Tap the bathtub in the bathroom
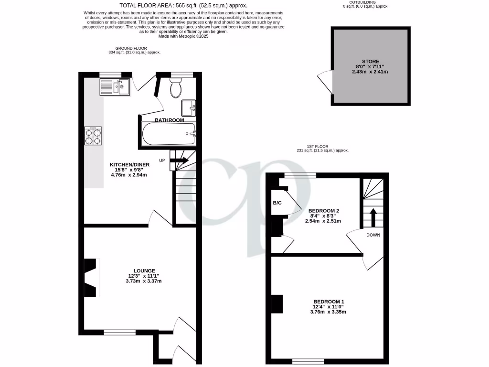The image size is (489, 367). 168,134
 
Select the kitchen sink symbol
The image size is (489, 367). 115,86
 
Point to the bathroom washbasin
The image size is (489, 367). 189,107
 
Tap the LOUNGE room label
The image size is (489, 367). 144,270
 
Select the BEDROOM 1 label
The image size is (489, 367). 329,302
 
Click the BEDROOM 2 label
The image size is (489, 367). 324,211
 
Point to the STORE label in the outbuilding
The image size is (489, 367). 370,62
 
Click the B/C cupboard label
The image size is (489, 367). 277,203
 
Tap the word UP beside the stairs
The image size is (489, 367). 162,160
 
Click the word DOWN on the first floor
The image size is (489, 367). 373,235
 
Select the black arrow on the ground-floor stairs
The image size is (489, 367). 180,160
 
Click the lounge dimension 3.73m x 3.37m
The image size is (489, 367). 144,281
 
